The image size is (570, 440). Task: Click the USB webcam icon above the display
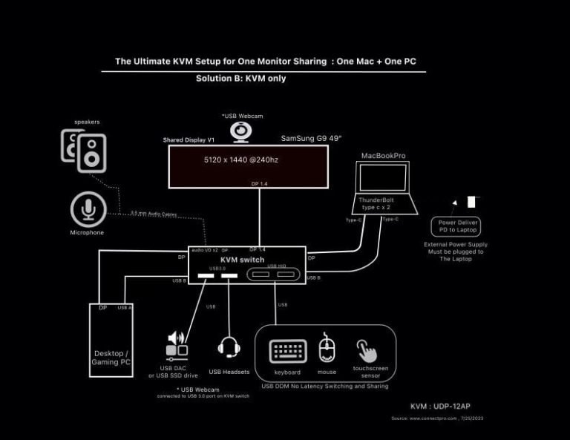coord(240,131)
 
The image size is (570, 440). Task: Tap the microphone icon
coord(89,209)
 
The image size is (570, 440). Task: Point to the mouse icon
coord(327,350)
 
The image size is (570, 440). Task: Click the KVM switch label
coord(242,260)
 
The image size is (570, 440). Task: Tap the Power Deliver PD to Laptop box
coord(456,226)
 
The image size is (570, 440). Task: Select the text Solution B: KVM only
coord(240,78)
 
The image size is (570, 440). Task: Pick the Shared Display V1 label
coord(188,139)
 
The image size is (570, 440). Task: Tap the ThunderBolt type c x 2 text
coord(380,203)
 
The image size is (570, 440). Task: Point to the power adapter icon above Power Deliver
coord(471,201)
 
